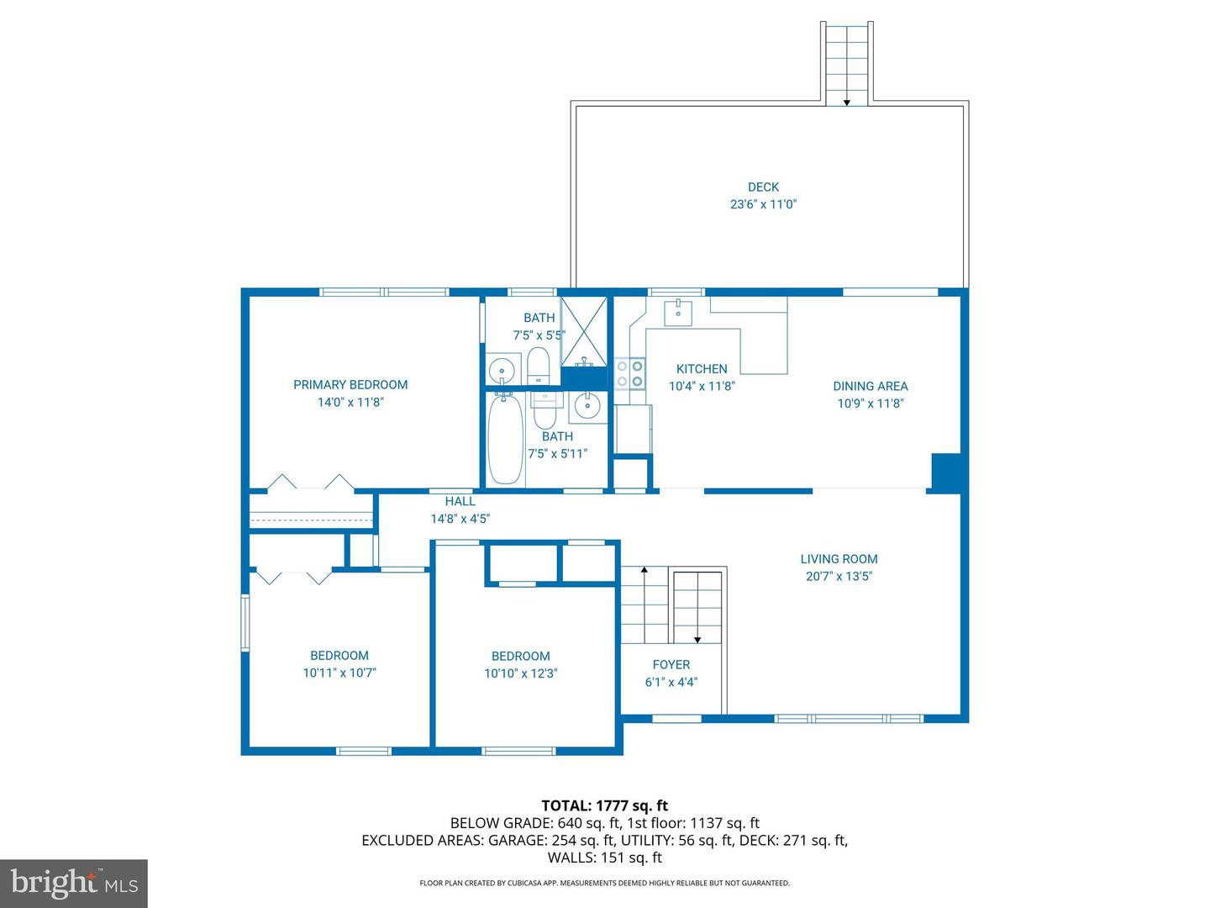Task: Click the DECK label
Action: click(x=763, y=187)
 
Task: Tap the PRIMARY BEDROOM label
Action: click(x=350, y=385)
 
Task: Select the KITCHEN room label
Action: click(x=702, y=369)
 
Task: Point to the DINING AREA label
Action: click(x=870, y=387)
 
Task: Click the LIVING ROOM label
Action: click(x=839, y=559)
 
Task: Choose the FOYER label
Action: click(x=671, y=665)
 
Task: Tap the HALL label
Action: click(x=460, y=502)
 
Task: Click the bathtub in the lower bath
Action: click(x=506, y=440)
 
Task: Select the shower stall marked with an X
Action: click(x=584, y=332)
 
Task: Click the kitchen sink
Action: click(x=678, y=312)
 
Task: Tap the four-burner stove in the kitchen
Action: click(x=629, y=373)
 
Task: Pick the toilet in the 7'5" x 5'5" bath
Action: click(x=538, y=367)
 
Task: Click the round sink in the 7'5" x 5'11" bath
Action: click(x=585, y=407)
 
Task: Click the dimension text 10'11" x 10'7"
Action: click(x=339, y=673)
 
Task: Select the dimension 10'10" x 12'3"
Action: click(x=521, y=673)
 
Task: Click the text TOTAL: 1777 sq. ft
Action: click(x=604, y=806)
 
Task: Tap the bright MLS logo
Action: click(x=74, y=883)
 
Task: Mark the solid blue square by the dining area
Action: click(x=946, y=472)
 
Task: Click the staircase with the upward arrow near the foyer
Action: click(x=644, y=605)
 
